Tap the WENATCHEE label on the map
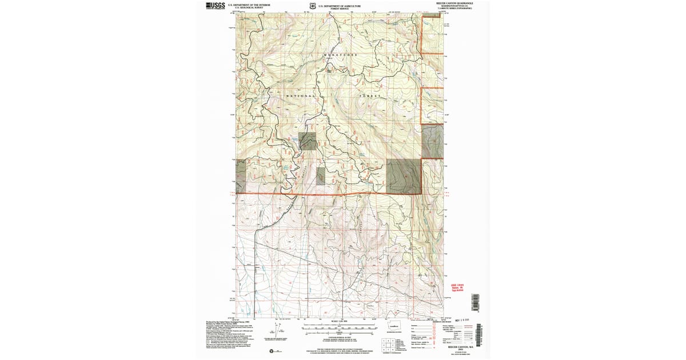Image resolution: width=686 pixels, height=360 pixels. point(341,54)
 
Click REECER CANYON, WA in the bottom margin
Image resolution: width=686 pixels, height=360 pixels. point(461,346)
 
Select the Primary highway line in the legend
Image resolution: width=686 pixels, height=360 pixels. point(468,325)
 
